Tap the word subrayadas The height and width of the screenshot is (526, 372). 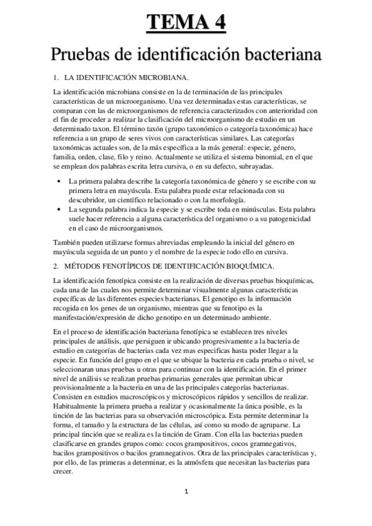coord(260,167)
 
